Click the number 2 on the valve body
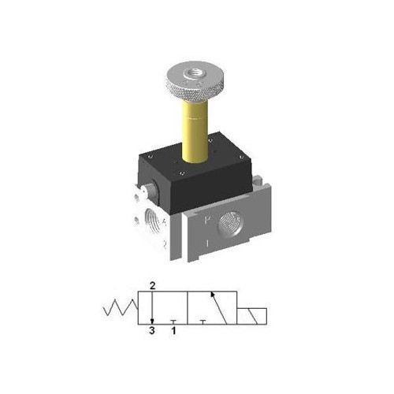(x=163, y=244)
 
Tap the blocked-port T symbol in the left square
(x=173, y=320)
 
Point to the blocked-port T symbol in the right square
(x=203, y=320)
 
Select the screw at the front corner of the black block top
(x=183, y=175)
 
